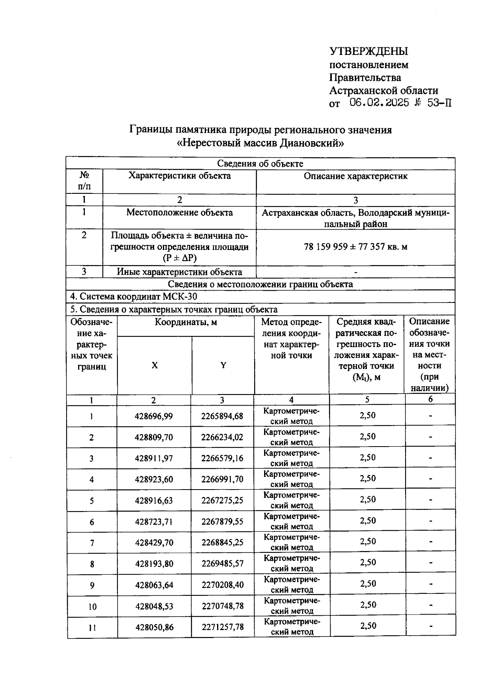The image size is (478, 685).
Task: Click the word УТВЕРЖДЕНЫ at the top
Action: pyautogui.click(x=368, y=51)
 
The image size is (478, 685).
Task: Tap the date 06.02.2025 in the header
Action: pyautogui.click(x=379, y=103)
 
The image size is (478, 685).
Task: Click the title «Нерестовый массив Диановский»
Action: pyautogui.click(x=260, y=142)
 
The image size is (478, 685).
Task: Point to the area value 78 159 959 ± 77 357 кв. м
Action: pyautogui.click(x=355, y=247)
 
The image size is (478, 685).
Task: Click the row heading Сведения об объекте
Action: pyautogui.click(x=260, y=164)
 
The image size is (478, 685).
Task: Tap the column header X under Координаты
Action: pyautogui.click(x=155, y=365)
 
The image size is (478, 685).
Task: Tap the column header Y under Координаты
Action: pyautogui.click(x=223, y=365)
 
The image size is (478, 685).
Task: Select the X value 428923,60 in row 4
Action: pyautogui.click(x=154, y=479)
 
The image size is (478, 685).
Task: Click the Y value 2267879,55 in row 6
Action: pyautogui.click(x=222, y=521)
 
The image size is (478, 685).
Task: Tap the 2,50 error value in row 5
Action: pyautogui.click(x=367, y=500)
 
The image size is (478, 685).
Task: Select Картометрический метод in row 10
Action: pyautogui.click(x=292, y=605)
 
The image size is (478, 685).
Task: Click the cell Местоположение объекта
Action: pyautogui.click(x=179, y=213)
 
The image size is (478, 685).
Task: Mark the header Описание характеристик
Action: pyautogui.click(x=355, y=176)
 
